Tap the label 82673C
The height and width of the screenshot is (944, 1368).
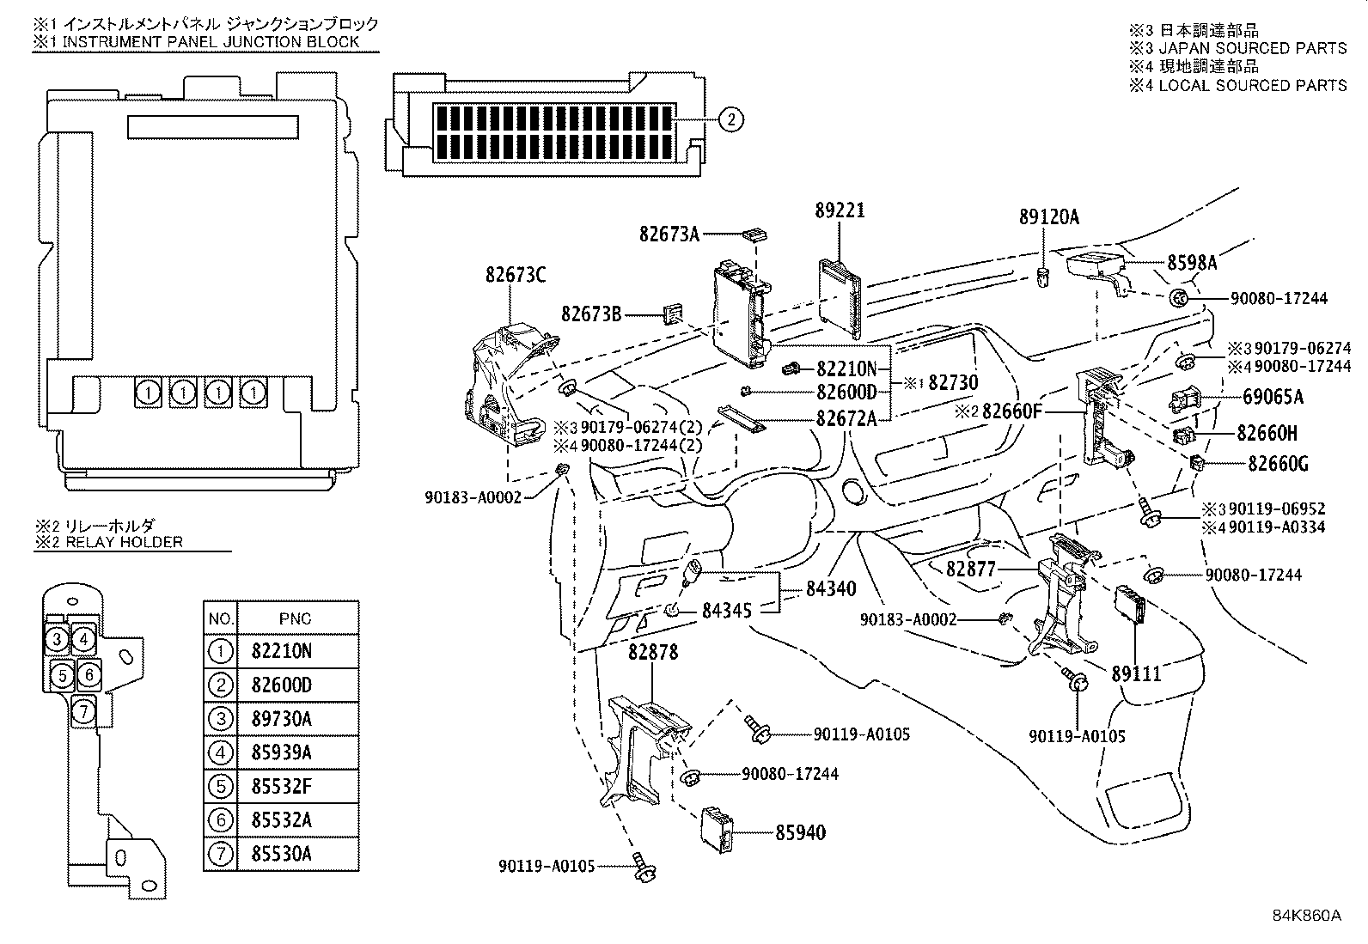pyautogui.click(x=516, y=275)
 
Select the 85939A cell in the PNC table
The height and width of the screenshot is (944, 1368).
pyautogui.click(x=281, y=752)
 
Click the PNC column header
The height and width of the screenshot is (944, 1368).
pyautogui.click(x=296, y=618)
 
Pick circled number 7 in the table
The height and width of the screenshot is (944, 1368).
pyautogui.click(x=221, y=854)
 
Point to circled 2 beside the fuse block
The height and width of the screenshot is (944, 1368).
pyautogui.click(x=730, y=120)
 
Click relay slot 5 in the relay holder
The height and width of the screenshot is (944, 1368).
pyautogui.click(x=61, y=675)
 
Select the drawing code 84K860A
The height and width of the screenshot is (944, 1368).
pyautogui.click(x=1306, y=915)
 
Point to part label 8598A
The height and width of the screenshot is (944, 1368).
pyautogui.click(x=1192, y=264)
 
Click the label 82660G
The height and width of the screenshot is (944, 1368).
pyautogui.click(x=1278, y=465)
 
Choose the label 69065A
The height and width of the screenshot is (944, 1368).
pyautogui.click(x=1273, y=397)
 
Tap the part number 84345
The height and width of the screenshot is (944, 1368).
pyautogui.click(x=726, y=611)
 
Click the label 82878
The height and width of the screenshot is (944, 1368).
pyautogui.click(x=652, y=653)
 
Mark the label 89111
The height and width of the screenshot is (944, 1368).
pyautogui.click(x=1136, y=674)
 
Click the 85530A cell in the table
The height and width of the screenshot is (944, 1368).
pyautogui.click(x=281, y=854)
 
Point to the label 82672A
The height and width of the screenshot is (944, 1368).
pyautogui.click(x=846, y=418)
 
